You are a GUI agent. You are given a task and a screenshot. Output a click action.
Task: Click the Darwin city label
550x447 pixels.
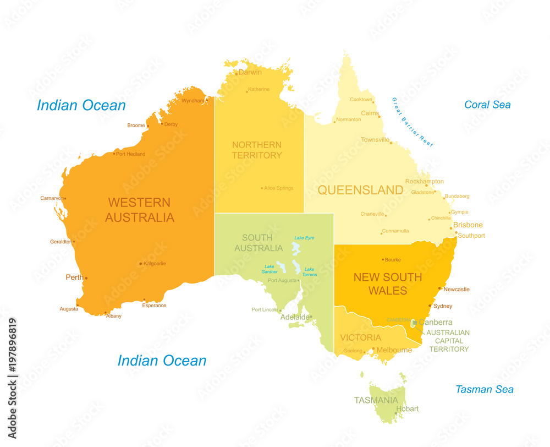click(250, 72)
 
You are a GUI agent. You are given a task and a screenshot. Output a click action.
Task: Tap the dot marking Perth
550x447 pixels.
click(86, 278)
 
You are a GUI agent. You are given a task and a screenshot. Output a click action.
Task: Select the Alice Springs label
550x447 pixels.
click(279, 188)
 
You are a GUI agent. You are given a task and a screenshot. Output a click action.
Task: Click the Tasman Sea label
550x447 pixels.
click(484, 389)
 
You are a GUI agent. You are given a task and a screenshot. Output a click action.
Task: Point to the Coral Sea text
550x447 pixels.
click(487, 105)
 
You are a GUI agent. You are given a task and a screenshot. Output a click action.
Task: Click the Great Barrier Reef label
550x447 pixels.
click(413, 122)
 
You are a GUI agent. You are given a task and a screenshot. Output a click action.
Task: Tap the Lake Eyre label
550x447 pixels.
click(304, 238)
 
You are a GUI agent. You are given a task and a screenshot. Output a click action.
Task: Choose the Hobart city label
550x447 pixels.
click(408, 409)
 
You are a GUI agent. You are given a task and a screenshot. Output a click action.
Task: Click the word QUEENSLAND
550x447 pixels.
click(360, 190)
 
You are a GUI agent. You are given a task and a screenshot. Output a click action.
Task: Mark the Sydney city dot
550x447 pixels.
click(430, 306)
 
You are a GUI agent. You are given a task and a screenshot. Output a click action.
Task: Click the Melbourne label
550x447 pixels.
click(394, 350)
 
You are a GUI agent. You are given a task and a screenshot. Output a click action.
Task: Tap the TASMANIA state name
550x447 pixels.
click(376, 400)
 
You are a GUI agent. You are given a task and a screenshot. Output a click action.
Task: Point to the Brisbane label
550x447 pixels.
click(468, 225)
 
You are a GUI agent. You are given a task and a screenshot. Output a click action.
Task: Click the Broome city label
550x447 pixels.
click(136, 126)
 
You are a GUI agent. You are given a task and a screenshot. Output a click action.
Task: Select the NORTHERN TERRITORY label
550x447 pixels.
click(256, 150)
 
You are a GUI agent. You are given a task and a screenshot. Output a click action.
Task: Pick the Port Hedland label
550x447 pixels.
click(131, 154)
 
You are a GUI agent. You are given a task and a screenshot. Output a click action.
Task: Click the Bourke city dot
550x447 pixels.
click(383, 259)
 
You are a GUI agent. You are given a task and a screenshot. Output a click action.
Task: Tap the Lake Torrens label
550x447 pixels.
click(310, 271)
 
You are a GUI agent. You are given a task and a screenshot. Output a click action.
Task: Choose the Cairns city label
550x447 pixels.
click(370, 113)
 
